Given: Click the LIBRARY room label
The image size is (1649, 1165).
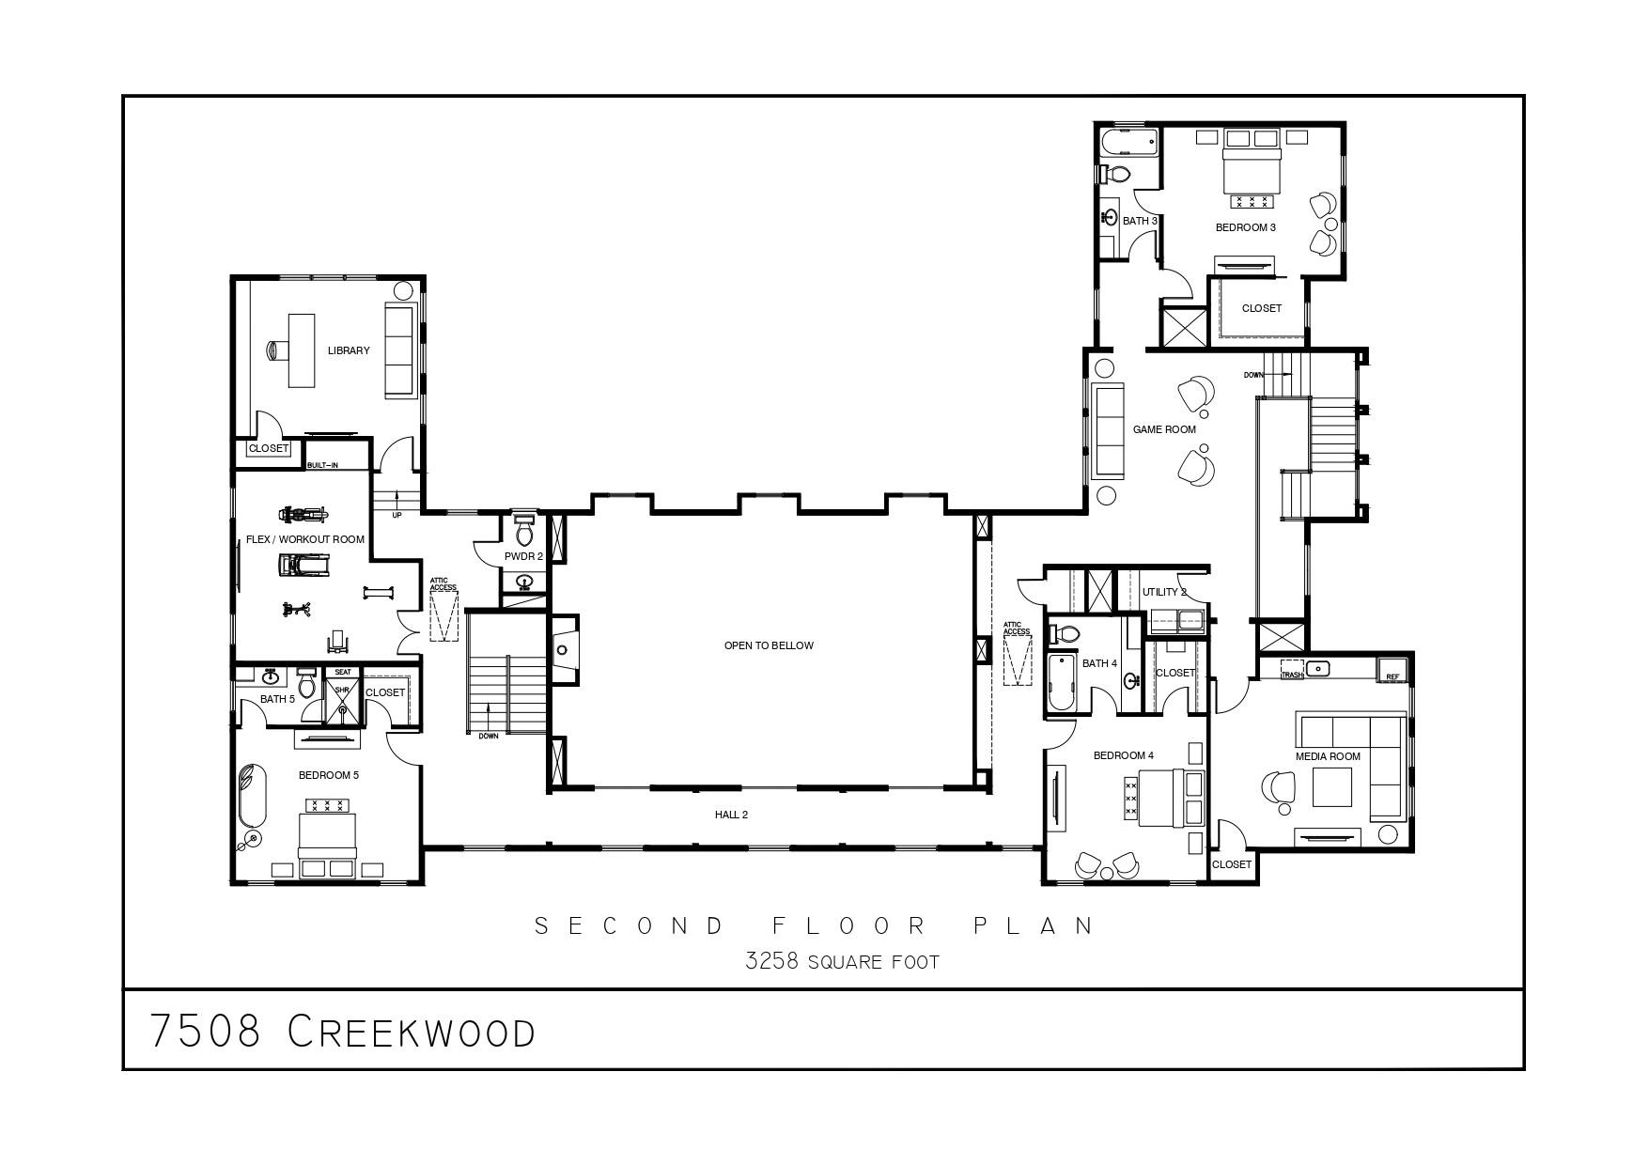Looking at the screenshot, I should tap(349, 350).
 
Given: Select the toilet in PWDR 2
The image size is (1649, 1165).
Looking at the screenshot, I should tap(524, 534).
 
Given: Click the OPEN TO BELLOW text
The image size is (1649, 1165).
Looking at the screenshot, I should tap(768, 645).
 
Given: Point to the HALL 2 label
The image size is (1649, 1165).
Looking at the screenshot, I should tap(731, 815).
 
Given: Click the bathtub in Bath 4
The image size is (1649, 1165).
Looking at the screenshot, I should tap(1061, 682).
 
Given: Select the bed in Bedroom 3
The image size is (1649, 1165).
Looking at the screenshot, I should tap(1251, 170).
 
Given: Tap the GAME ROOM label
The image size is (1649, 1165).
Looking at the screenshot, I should tap(1164, 429).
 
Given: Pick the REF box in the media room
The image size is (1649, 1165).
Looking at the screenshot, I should tap(1392, 671).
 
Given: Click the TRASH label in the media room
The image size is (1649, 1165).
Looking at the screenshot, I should tap(1292, 675).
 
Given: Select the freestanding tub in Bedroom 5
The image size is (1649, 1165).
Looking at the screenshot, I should tap(252, 793).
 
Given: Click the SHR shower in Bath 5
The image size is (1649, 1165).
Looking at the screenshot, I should tap(342, 696).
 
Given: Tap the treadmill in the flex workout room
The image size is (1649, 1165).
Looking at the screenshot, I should tap(304, 564).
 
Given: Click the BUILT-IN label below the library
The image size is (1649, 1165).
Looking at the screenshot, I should tap(322, 465).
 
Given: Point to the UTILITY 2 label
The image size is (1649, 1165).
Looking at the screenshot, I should tap(1164, 592).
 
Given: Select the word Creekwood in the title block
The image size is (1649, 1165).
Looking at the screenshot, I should tap(411, 1032).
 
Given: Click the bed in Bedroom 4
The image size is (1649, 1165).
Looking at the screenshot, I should tap(1164, 798).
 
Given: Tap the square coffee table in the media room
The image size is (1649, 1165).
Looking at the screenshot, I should tap(1331, 787).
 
